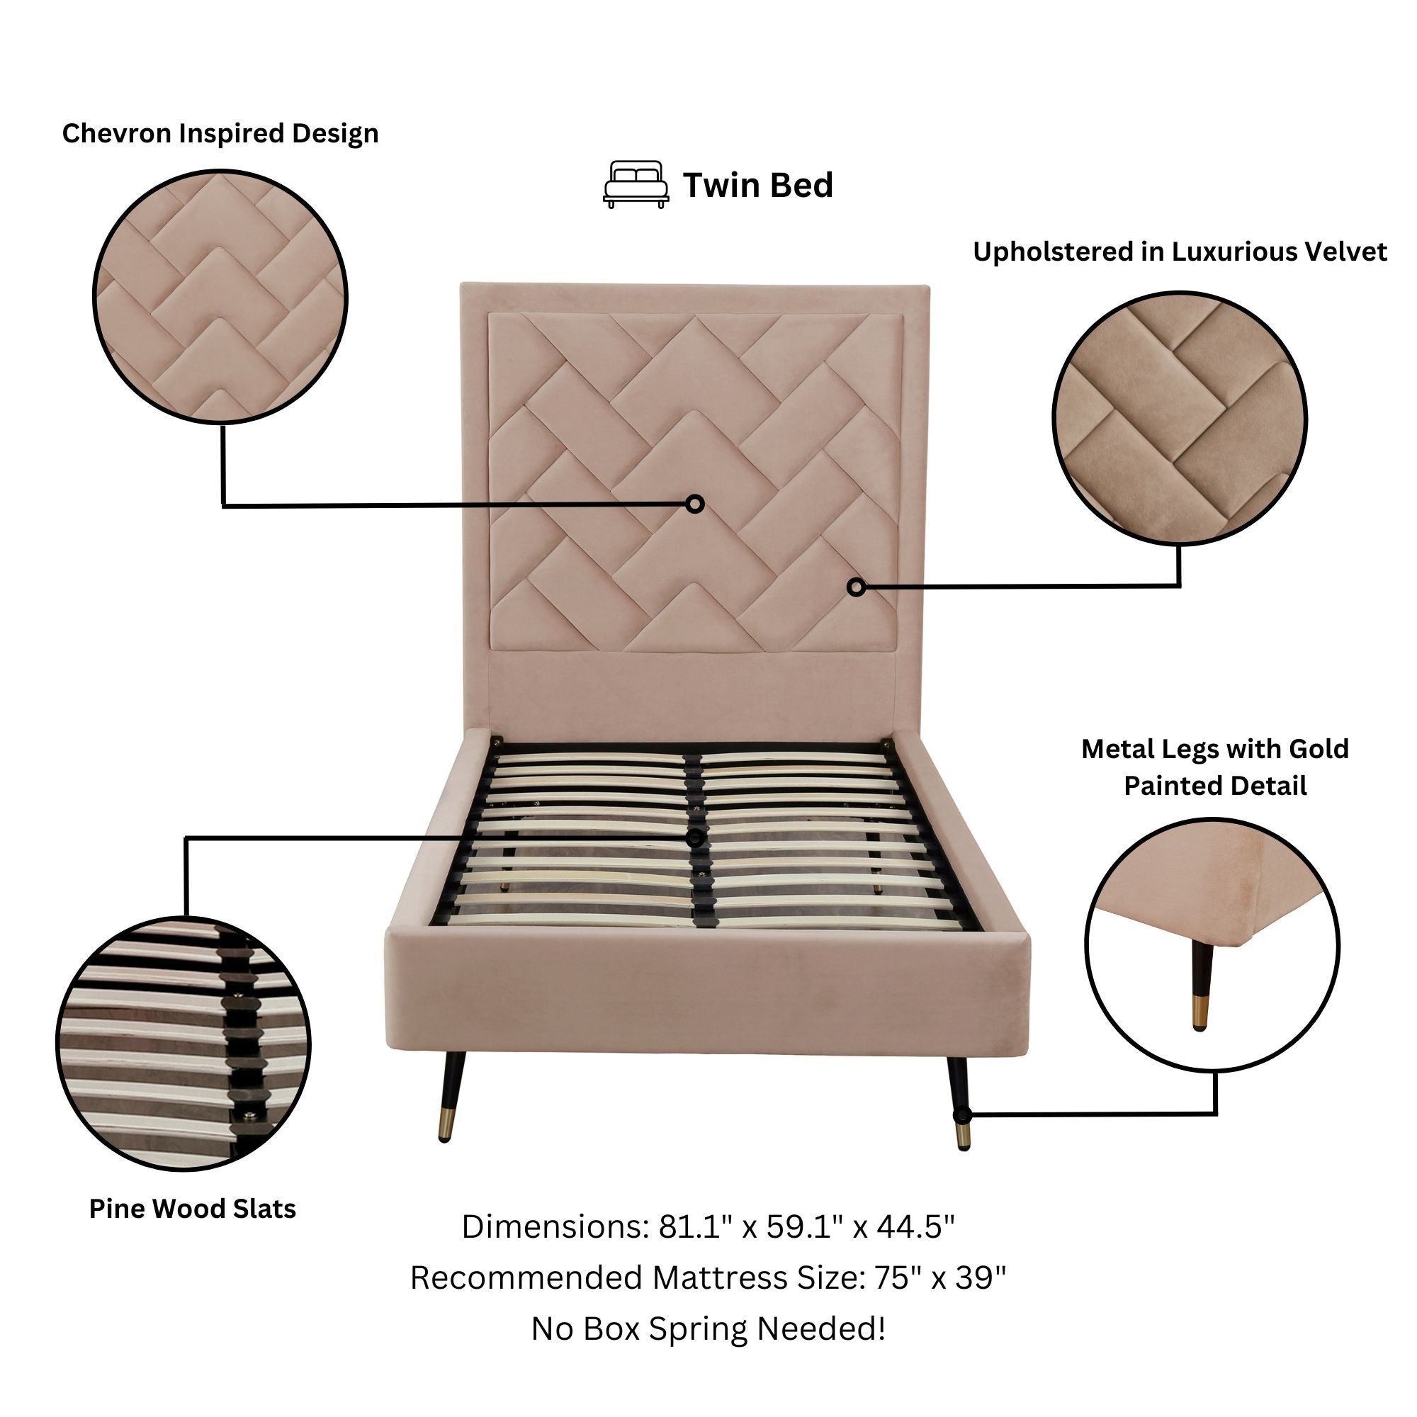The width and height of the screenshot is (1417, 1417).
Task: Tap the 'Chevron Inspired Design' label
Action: pyautogui.click(x=220, y=133)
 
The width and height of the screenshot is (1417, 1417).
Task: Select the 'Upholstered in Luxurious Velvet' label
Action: pyautogui.click(x=1180, y=252)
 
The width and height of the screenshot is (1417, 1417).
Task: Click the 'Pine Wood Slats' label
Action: pyautogui.click(x=192, y=1208)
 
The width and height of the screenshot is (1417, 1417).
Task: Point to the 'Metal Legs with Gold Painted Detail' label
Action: pyautogui.click(x=1214, y=767)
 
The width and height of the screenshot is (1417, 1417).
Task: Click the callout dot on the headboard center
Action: pyautogui.click(x=695, y=504)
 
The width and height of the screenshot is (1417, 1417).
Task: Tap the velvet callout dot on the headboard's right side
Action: pyautogui.click(x=856, y=587)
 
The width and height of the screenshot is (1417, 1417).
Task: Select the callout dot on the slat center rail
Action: pyautogui.click(x=695, y=838)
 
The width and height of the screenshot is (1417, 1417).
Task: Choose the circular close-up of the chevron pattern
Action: pyautogui.click(x=220, y=298)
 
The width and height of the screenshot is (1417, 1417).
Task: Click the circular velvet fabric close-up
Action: pyautogui.click(x=1180, y=418)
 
